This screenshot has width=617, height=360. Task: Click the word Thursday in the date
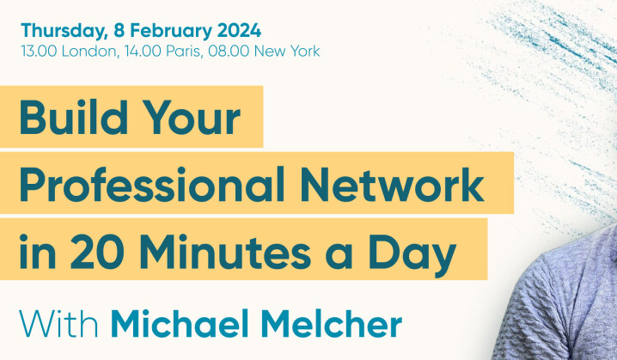point(64,31)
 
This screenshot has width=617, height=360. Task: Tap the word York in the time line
point(302,52)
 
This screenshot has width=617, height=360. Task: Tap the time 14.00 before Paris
point(139,52)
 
